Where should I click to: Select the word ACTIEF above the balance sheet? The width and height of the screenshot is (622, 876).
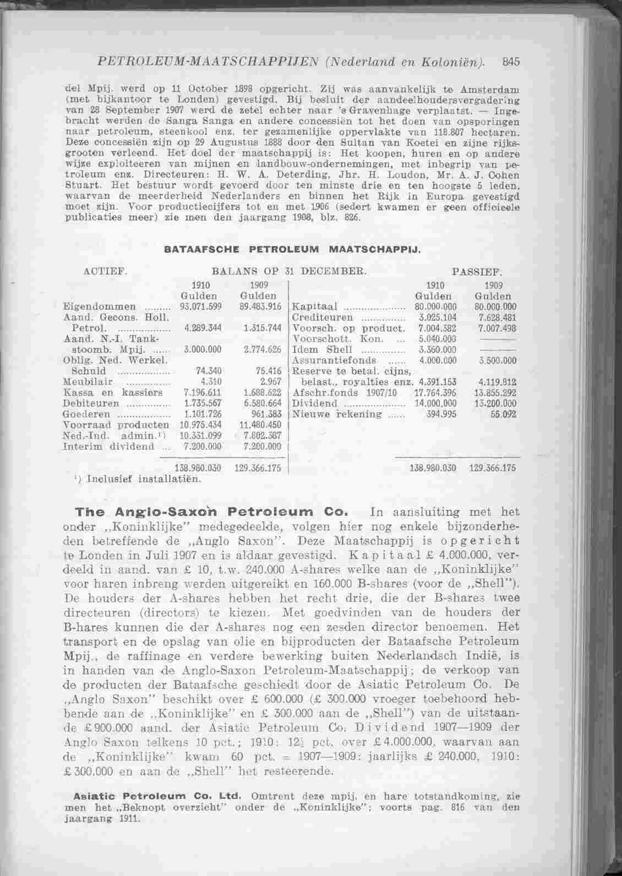pyautogui.click(x=105, y=271)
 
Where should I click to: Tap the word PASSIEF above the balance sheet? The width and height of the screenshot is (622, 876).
pyautogui.click(x=476, y=271)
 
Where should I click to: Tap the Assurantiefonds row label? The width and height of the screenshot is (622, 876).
pyautogui.click(x=330, y=360)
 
